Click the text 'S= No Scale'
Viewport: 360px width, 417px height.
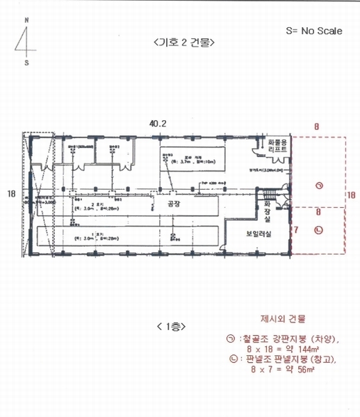click(314, 31)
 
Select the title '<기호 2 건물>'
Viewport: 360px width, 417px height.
click(183, 42)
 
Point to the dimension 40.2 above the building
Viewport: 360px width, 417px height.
click(158, 122)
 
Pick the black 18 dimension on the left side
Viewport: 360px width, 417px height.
click(10, 194)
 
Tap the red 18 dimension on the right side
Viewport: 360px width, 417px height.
click(350, 195)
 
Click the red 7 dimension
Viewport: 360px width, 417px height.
click(295, 228)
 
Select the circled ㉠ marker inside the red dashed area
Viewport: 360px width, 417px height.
click(318, 185)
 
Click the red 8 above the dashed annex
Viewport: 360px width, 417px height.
click(316, 127)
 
